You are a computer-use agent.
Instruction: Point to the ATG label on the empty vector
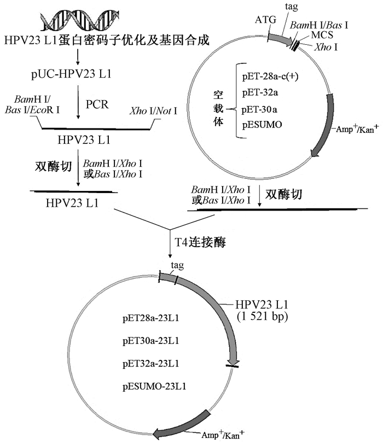[264, 21]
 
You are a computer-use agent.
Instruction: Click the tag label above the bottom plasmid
[176, 266]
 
